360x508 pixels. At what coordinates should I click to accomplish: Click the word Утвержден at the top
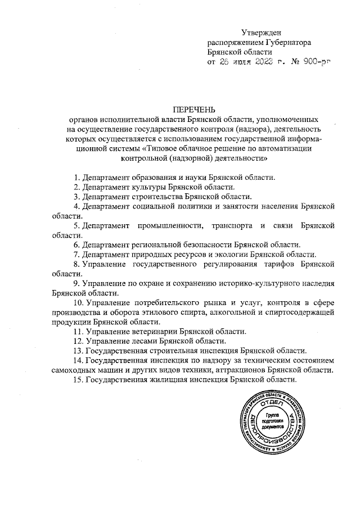(x=261, y=34)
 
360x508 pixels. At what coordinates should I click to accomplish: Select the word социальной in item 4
(x=148, y=206)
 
